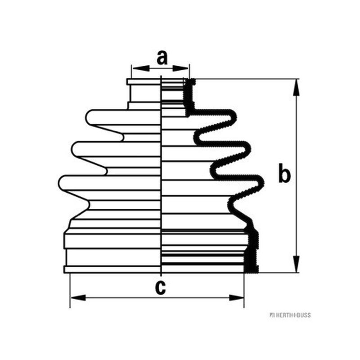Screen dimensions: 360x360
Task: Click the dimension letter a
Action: [162, 58]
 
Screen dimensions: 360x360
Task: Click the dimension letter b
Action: [284, 173]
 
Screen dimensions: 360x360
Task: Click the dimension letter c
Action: [160, 288]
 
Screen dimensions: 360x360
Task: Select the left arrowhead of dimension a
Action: [141, 68]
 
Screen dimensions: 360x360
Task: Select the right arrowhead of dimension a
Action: [180, 68]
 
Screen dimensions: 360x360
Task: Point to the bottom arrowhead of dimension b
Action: [297, 264]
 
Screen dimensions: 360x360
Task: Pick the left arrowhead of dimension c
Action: [78, 298]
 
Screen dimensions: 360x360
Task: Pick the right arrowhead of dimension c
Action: [236, 298]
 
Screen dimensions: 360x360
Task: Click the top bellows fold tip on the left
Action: [86, 117]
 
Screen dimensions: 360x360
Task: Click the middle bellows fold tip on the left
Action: [73, 149]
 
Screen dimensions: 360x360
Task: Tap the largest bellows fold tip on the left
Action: [59, 183]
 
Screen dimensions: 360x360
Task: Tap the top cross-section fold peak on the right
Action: [234, 117]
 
